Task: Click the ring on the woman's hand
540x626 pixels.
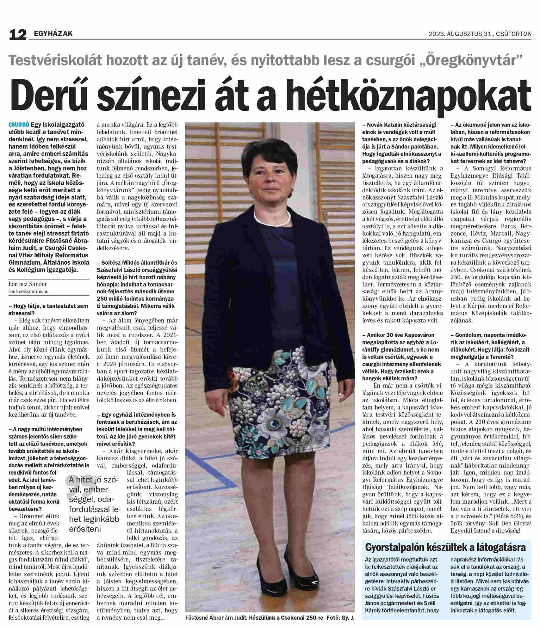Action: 210,404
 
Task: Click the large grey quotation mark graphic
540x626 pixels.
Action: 79,493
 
